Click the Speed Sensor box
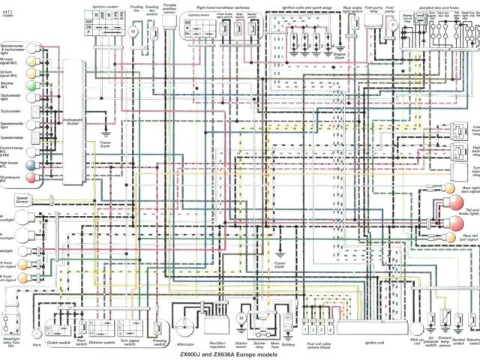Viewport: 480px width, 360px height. coord(21,199)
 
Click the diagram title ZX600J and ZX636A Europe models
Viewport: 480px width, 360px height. coord(239,354)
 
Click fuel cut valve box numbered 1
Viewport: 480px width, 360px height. coord(310,328)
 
